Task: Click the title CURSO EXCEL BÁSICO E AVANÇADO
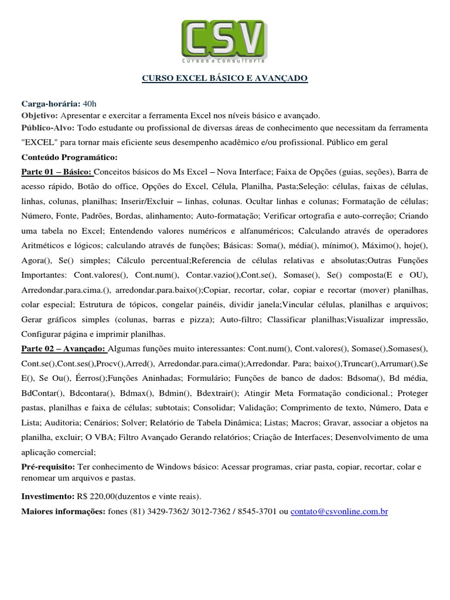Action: click(225, 78)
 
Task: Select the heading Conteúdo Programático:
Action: click(69, 158)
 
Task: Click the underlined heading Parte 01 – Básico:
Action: click(56, 172)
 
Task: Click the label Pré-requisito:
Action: click(47, 466)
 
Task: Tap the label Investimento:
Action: click(47, 495)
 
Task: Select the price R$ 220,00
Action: click(98, 495)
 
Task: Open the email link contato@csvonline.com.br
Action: click(339, 512)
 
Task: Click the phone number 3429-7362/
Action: click(168, 512)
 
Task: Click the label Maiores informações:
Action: click(63, 512)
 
